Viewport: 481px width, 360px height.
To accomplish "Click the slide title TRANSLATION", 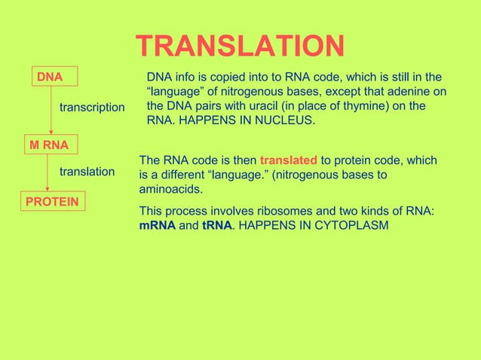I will [240, 47].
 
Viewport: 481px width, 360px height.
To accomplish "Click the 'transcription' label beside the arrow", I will [92, 108].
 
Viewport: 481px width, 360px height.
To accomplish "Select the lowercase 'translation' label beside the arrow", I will [87, 172].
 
